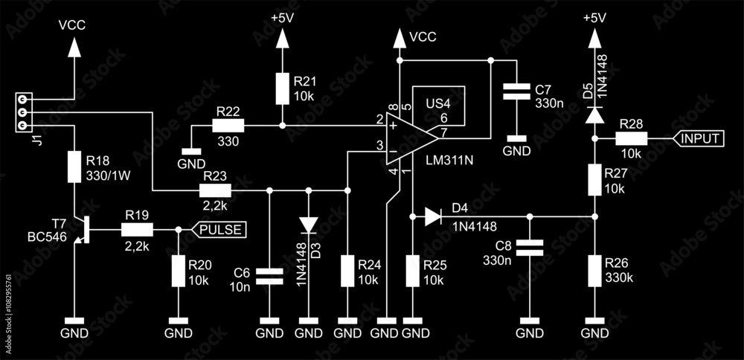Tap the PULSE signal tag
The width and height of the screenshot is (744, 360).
click(219, 230)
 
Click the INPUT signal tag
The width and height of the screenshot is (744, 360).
click(699, 138)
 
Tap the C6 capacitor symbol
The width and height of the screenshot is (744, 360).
click(269, 276)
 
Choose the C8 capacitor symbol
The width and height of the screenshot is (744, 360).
click(530, 248)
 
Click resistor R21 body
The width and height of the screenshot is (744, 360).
click(282, 89)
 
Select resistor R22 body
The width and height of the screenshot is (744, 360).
click(228, 126)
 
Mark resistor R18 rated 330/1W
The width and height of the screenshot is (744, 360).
click(74, 167)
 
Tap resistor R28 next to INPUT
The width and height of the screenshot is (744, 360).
click(632, 138)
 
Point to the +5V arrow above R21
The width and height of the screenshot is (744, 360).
click(282, 39)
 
